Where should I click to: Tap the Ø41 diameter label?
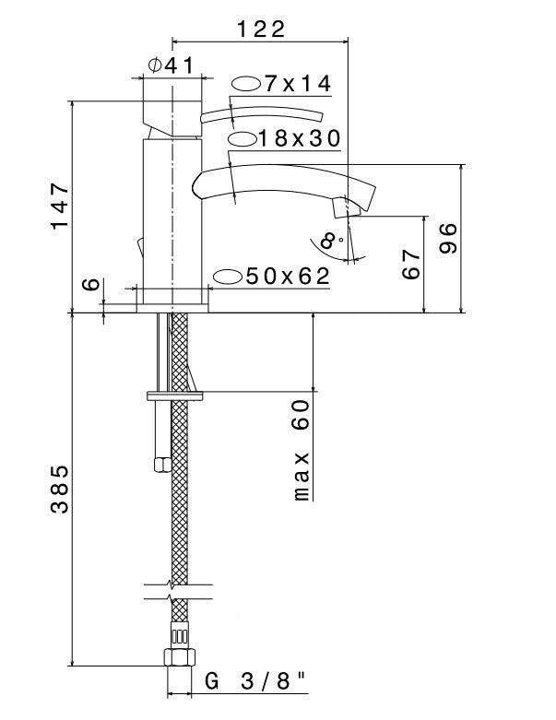pos(170,65)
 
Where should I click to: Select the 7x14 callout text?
pos(296,84)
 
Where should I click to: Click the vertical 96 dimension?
pos(449,241)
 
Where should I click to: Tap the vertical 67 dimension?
pos(411,266)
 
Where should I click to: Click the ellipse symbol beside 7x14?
pos(245,84)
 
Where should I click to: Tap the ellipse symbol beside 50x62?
pos(227,276)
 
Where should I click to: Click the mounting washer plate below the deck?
pos(174,396)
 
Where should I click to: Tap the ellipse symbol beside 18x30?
pos(242,139)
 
